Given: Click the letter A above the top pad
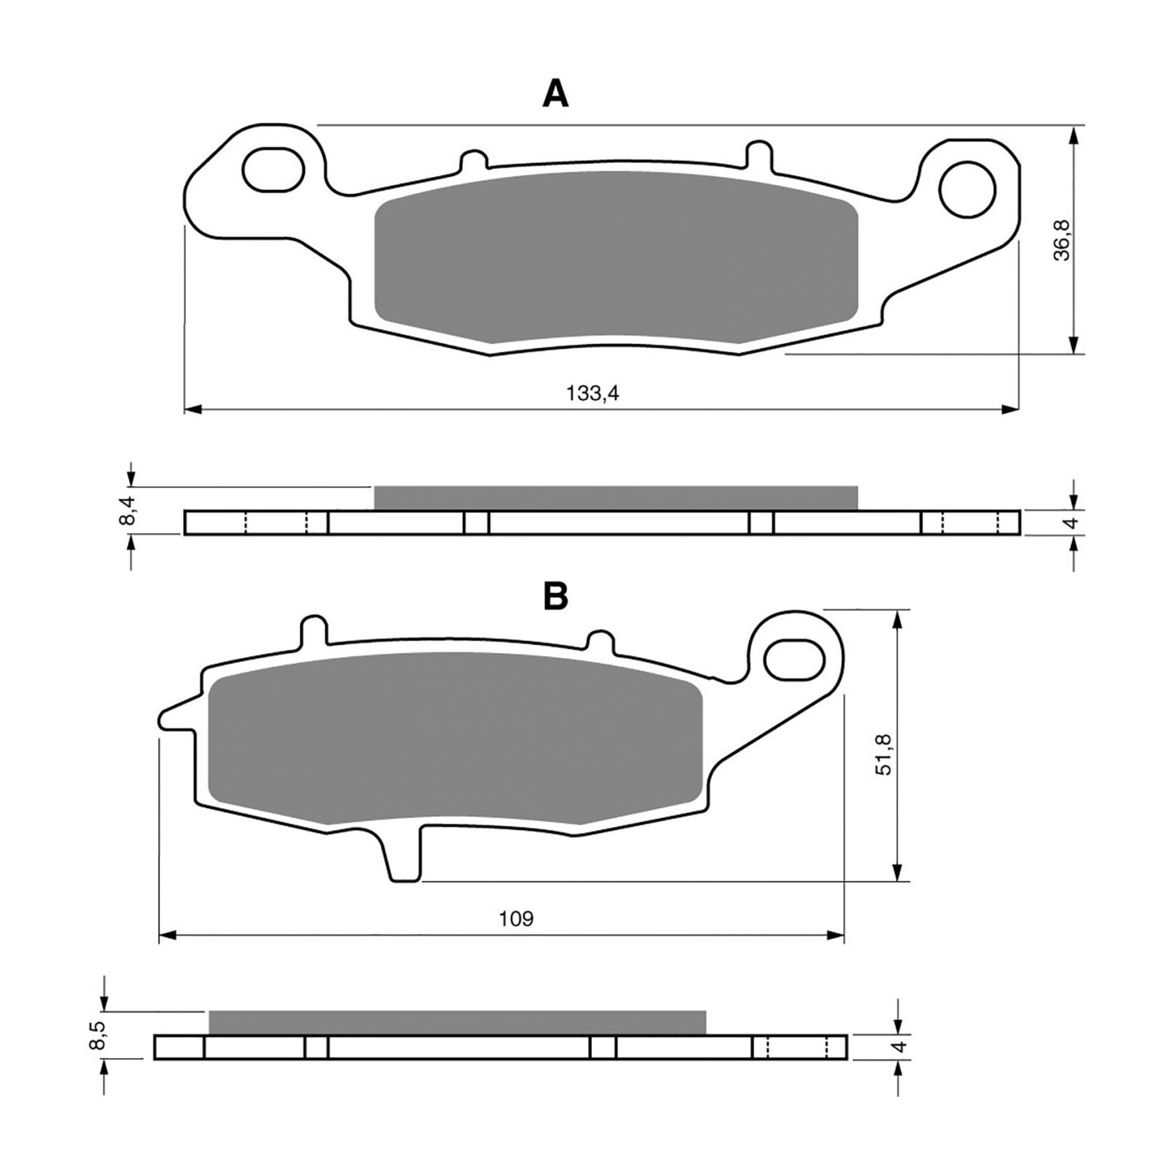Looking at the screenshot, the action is [556, 94].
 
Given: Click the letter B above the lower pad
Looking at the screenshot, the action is [555, 597].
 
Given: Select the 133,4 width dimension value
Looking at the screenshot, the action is [593, 393].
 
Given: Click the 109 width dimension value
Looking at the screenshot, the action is [516, 918].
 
